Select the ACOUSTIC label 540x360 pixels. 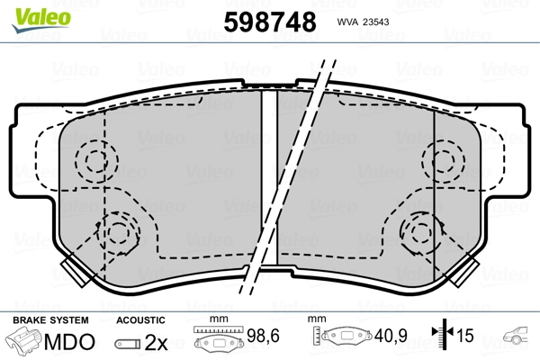coord(141,319)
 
